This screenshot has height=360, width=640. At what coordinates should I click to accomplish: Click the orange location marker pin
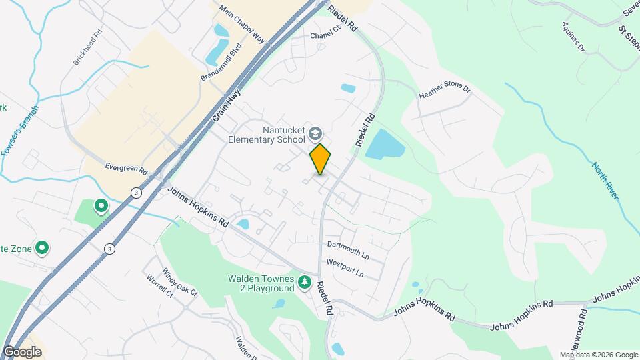[x=320, y=159]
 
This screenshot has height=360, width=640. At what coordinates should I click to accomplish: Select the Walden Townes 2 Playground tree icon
[x=305, y=283]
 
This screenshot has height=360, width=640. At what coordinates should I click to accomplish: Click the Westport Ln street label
[x=345, y=273]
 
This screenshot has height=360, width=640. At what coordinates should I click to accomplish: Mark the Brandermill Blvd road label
[x=219, y=64]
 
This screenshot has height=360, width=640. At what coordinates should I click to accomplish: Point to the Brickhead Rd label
[x=88, y=46]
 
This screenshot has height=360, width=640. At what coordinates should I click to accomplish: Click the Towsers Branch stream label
[x=20, y=132]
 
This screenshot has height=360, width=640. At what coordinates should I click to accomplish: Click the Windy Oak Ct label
[x=179, y=283]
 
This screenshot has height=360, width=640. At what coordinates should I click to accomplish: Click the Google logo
[x=22, y=351]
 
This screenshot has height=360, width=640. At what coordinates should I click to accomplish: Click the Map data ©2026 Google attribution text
[x=598, y=355]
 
